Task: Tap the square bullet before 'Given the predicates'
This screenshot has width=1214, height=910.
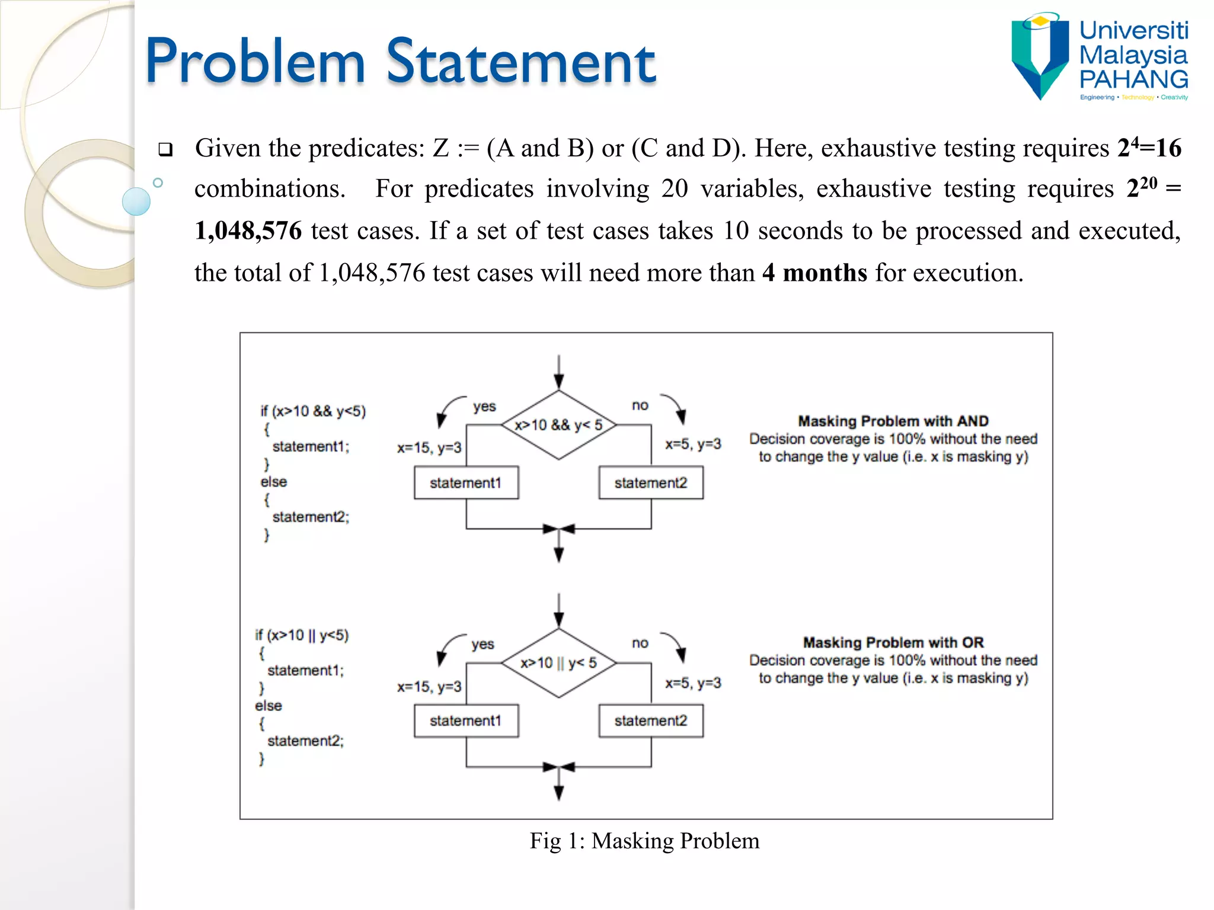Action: click(165, 149)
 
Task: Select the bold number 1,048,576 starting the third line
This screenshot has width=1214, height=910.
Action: click(248, 230)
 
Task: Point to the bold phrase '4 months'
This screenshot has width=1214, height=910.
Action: click(814, 273)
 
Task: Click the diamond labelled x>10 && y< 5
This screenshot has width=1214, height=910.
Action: click(558, 425)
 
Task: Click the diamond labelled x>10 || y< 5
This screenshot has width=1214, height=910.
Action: click(558, 663)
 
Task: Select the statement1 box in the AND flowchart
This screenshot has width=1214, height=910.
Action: click(466, 483)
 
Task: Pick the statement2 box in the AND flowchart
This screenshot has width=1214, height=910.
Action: click(650, 483)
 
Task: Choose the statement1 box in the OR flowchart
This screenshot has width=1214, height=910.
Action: click(466, 721)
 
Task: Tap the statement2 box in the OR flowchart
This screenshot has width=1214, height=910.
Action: click(650, 721)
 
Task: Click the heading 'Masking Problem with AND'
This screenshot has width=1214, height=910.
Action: click(893, 421)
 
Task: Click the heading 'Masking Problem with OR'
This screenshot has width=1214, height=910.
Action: click(893, 643)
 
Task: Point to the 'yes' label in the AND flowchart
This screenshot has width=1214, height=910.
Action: click(484, 406)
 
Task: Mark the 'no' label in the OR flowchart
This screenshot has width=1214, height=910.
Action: click(640, 643)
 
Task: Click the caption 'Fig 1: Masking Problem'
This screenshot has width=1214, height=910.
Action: click(644, 841)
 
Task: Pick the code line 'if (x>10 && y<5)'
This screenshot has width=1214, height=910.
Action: click(313, 411)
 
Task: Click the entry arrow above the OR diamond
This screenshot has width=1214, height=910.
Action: click(558, 610)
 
